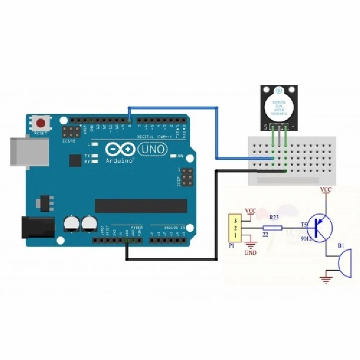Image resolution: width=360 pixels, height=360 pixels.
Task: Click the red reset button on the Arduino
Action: (x=41, y=123)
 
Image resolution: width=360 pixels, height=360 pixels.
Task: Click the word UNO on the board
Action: (x=153, y=149)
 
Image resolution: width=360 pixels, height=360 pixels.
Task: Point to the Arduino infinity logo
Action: (x=120, y=149)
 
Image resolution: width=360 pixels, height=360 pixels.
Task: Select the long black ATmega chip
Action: (x=141, y=206)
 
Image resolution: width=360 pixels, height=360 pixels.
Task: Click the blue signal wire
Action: (x=217, y=134)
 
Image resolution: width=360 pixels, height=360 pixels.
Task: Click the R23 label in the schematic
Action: (x=274, y=218)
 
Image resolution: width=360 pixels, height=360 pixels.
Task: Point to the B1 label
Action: (x=341, y=246)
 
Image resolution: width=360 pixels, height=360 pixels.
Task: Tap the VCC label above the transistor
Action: (x=326, y=190)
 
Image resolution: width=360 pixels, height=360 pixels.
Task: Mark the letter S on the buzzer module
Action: (x=266, y=127)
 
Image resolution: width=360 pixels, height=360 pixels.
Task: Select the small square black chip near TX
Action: (x=75, y=160)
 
